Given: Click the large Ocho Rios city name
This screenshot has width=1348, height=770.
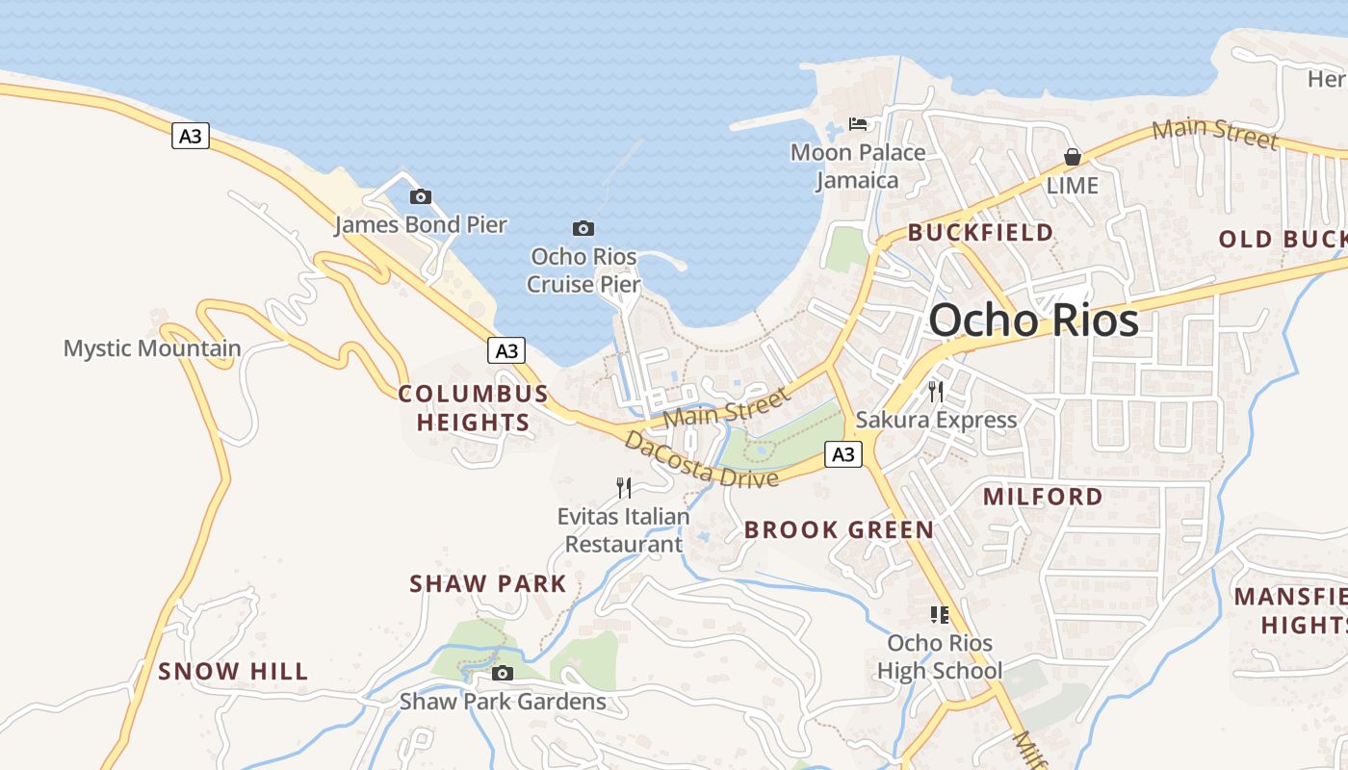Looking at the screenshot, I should coord(1033,321).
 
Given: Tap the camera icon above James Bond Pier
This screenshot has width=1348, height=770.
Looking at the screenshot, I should coord(421,197).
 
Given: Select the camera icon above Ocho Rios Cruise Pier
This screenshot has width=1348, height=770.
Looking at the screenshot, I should coord(583,229).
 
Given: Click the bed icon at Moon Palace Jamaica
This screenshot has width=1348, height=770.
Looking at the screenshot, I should coord(858,124).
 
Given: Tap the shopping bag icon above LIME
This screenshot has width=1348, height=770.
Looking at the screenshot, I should coord(1072,157).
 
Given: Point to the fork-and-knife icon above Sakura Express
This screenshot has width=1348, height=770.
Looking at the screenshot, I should coord(935,391).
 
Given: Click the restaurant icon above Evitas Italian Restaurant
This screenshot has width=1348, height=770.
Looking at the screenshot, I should coord(624,488).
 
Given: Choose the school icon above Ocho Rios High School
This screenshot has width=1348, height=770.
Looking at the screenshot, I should coord(940,614).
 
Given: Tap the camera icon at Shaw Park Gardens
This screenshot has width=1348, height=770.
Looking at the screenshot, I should coord(502,674).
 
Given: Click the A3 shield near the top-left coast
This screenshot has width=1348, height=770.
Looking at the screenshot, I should coord(191,136).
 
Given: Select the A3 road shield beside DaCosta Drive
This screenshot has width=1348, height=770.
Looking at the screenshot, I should coord(843,454).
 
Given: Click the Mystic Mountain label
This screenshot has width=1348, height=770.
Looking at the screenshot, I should coord(152,348).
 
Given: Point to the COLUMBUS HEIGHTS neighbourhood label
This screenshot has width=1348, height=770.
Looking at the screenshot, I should coord(473,407).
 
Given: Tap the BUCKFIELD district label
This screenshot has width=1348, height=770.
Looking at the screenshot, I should coord(980,233).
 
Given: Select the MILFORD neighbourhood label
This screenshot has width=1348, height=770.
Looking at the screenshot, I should coord(1043,497).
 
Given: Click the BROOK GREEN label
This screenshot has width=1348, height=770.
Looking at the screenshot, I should coord(839,529).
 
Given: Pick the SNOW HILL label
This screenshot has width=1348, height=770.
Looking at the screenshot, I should coord(233,671).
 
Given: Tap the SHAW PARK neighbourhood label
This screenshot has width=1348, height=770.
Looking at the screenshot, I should coord(488,584).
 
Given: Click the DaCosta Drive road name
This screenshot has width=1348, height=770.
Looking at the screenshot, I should coord(701,460).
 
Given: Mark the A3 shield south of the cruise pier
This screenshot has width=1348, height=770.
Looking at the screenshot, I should coord(506,350).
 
